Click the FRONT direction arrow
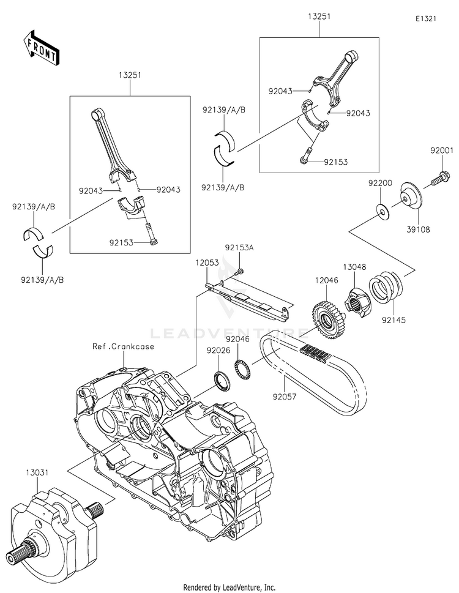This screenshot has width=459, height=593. [x=41, y=48]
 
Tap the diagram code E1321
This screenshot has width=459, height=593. [x=426, y=18]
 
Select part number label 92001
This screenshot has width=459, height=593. [x=441, y=150]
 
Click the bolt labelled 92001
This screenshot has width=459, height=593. [x=439, y=179]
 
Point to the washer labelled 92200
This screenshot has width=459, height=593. [x=384, y=211]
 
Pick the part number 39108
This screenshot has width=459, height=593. [x=419, y=229]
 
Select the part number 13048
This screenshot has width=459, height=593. [x=354, y=267]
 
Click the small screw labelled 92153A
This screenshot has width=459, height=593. [x=239, y=271]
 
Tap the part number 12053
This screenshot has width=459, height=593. [x=207, y=263]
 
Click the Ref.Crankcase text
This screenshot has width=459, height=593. [x=123, y=346]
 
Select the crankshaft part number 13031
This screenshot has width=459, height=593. [x=37, y=472]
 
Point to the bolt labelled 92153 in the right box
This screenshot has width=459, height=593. [x=305, y=156]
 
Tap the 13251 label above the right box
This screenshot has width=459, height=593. [x=319, y=17]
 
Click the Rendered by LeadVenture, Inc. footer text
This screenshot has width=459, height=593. [x=229, y=587]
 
